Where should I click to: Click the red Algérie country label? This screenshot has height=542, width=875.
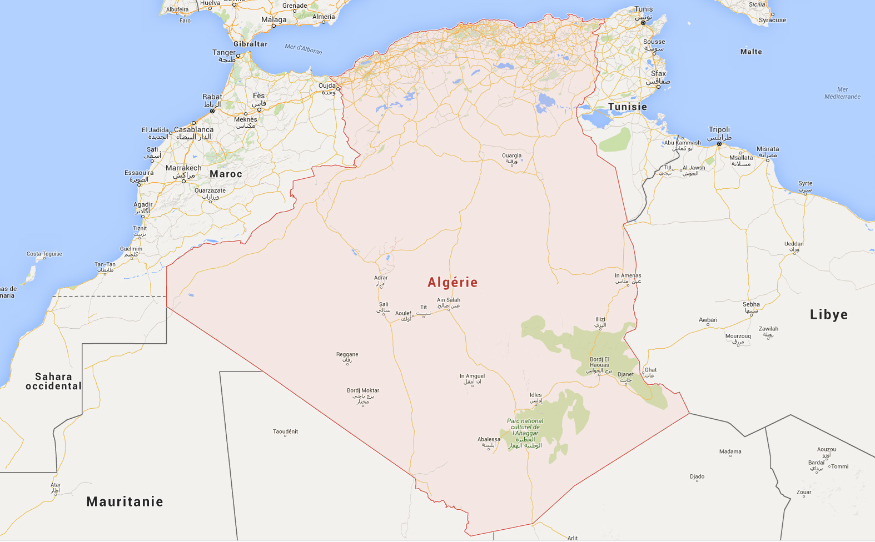(453, 283)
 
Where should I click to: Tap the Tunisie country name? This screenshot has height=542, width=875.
(627, 107)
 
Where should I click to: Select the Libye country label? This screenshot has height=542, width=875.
(828, 315)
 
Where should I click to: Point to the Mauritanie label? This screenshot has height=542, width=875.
(125, 502)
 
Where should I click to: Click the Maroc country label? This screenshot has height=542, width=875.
(226, 174)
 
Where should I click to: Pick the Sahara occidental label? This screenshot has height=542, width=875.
(53, 382)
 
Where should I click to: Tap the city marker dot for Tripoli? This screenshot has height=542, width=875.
(719, 144)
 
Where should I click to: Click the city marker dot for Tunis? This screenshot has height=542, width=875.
(643, 23)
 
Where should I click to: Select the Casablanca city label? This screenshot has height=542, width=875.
(193, 130)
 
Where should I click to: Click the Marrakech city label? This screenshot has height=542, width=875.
(183, 168)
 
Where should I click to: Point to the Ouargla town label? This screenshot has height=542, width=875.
(511, 156)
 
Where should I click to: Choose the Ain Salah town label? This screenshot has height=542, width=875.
(449, 300)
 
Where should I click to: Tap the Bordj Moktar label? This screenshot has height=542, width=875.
(363, 391)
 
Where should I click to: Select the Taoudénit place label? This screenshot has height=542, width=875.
(285, 431)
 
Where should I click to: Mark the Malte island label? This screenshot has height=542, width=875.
(751, 52)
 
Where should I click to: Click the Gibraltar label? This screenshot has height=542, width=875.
(250, 44)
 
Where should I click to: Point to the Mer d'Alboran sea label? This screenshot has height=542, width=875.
(303, 49)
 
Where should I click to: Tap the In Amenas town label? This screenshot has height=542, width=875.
(628, 276)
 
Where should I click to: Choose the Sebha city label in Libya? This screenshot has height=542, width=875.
(751, 304)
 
